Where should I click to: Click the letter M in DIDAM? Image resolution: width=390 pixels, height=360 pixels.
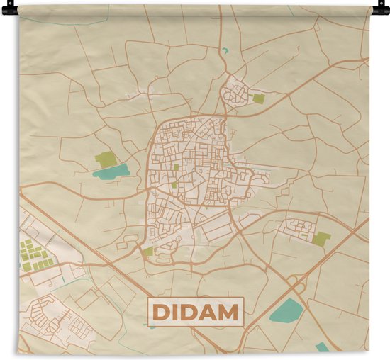[x=225, y=312]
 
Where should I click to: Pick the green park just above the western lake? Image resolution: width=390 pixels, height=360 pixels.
[x=105, y=158]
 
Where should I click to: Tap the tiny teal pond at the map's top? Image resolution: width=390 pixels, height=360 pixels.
[x=225, y=51]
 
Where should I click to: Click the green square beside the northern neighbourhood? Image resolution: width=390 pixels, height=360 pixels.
[x=258, y=99]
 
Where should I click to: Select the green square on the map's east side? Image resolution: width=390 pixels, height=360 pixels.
[x=321, y=239]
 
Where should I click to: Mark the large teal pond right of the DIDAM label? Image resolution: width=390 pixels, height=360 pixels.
[x=287, y=310]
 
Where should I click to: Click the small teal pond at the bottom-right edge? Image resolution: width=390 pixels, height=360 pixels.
[x=323, y=347]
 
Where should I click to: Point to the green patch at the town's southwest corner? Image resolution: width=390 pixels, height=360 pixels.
[x=147, y=251]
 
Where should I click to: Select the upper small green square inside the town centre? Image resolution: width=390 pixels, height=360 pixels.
[x=176, y=167]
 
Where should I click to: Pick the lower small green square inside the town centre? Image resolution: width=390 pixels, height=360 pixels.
[x=174, y=184]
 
